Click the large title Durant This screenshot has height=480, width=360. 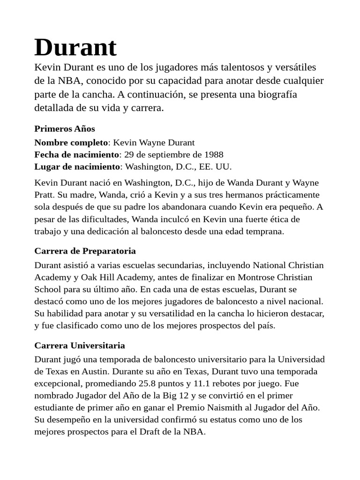pyautogui.click(x=75, y=48)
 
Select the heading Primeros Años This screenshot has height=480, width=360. pyautogui.click(x=65, y=128)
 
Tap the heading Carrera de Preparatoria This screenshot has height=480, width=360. pyautogui.click(x=85, y=251)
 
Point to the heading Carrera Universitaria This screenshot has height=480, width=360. pyautogui.click(x=80, y=345)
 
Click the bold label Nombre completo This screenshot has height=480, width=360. pyautogui.click(x=71, y=142)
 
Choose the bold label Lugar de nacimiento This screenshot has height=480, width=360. pyautogui.click(x=77, y=166)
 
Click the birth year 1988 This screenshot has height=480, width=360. pyautogui.click(x=213, y=155)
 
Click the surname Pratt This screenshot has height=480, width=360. pyautogui.click(x=45, y=195)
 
